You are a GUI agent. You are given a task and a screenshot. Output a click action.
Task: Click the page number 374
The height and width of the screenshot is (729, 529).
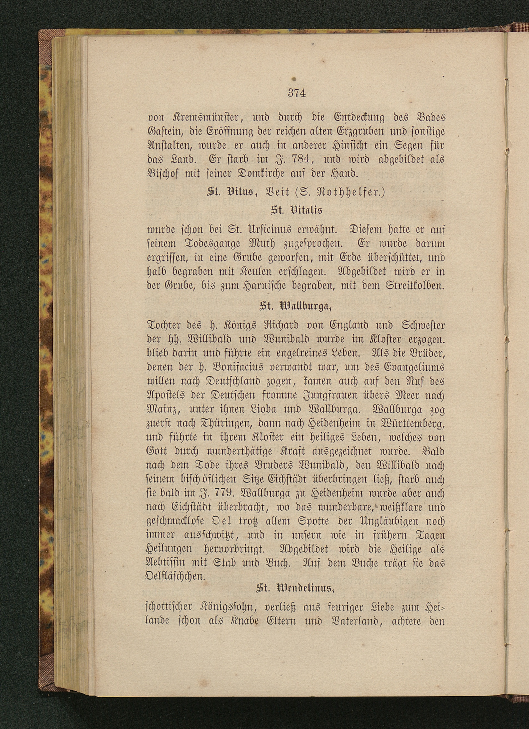tap(296, 93)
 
